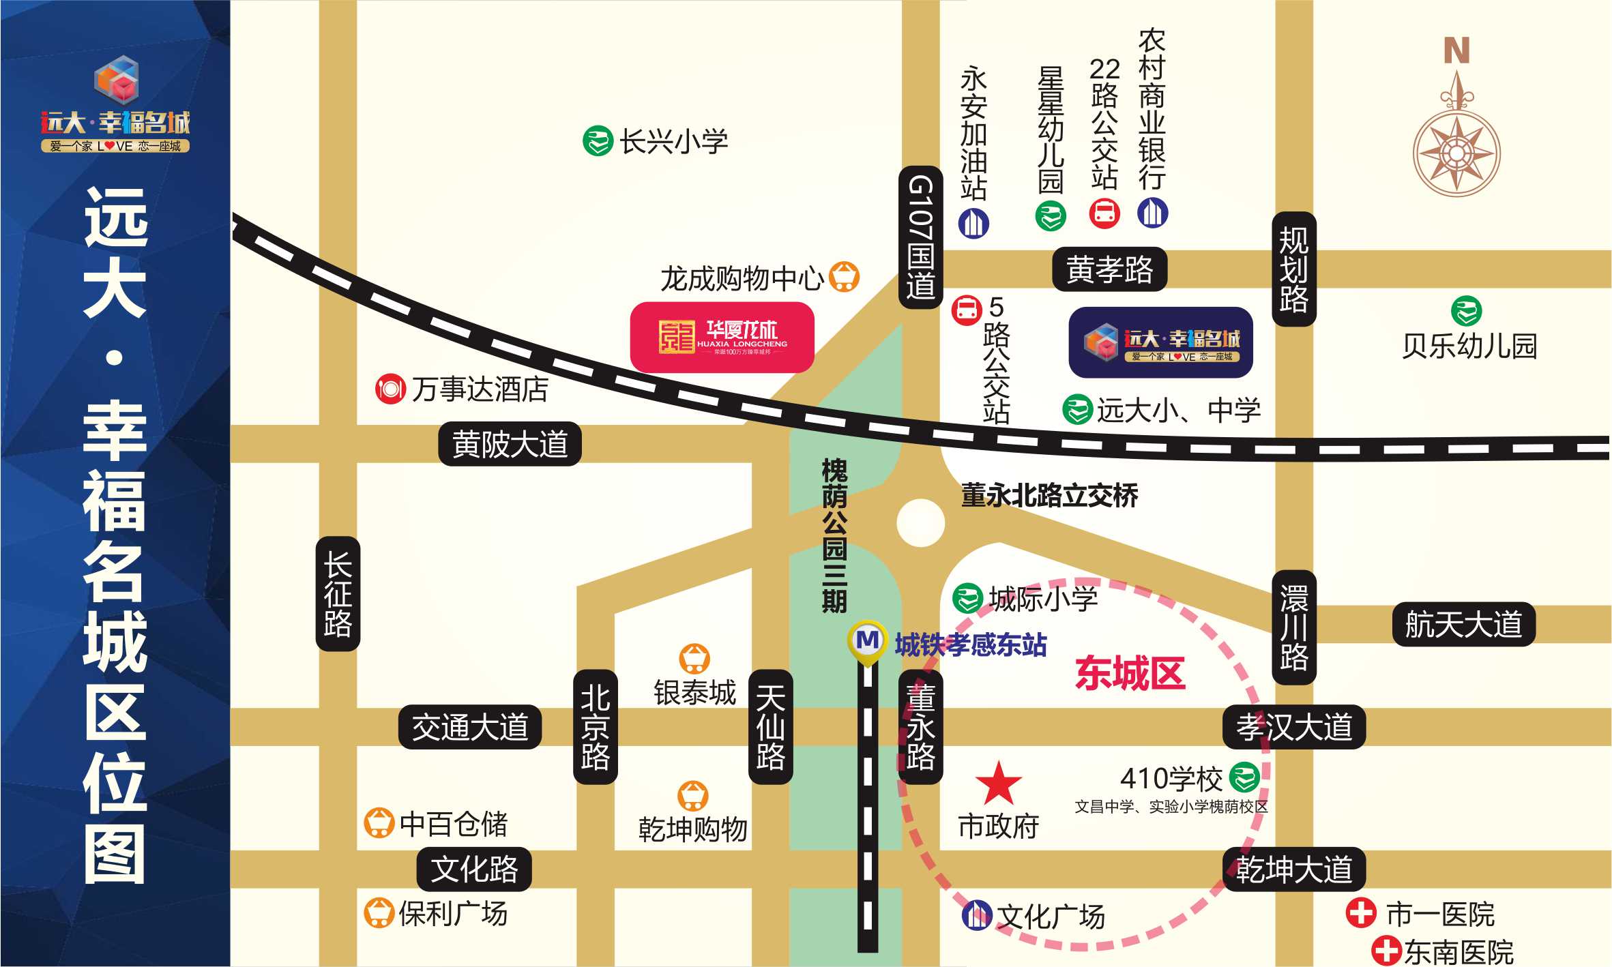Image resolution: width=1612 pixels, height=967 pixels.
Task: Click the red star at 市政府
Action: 998,784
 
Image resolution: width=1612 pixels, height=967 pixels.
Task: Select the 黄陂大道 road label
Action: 510,444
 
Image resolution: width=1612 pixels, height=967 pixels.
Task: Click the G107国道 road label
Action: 920,237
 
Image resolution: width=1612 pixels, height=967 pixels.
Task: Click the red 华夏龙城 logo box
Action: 722,337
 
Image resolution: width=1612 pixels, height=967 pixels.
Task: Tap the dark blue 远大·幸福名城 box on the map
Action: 1160,342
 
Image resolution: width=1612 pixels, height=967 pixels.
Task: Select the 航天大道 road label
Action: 1463,624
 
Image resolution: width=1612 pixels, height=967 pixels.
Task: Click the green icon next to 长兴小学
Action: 598,141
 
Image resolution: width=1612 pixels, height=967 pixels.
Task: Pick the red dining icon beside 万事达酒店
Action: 390,389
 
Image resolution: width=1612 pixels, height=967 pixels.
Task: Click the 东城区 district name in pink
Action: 1130,673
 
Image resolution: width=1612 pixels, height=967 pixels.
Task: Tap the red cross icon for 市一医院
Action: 1360,912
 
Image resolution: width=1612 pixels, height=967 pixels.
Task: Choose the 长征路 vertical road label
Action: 338,593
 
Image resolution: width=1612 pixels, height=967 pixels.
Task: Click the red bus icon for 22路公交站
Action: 1104,213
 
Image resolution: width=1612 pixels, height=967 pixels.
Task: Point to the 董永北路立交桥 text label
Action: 1049,496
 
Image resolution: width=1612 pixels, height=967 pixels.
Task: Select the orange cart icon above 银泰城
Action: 694,658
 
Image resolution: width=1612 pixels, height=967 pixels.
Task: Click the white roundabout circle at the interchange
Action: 920,523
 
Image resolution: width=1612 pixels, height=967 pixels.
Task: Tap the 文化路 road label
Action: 474,869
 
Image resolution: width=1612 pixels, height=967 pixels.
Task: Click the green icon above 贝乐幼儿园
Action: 1466,311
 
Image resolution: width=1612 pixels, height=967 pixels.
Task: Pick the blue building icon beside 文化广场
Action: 976,914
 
